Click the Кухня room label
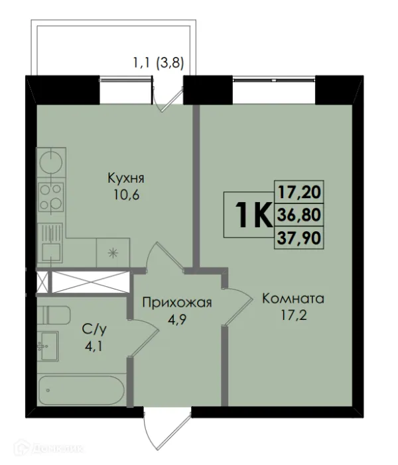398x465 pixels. point(126,178)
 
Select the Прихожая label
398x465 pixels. point(176,303)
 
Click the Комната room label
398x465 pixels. point(293,298)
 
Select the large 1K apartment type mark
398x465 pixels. point(251,215)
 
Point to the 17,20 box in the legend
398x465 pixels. point(298,193)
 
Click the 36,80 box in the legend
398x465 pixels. point(298,215)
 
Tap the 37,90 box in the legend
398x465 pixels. point(298,237)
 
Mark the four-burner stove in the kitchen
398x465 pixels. point(50,195)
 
